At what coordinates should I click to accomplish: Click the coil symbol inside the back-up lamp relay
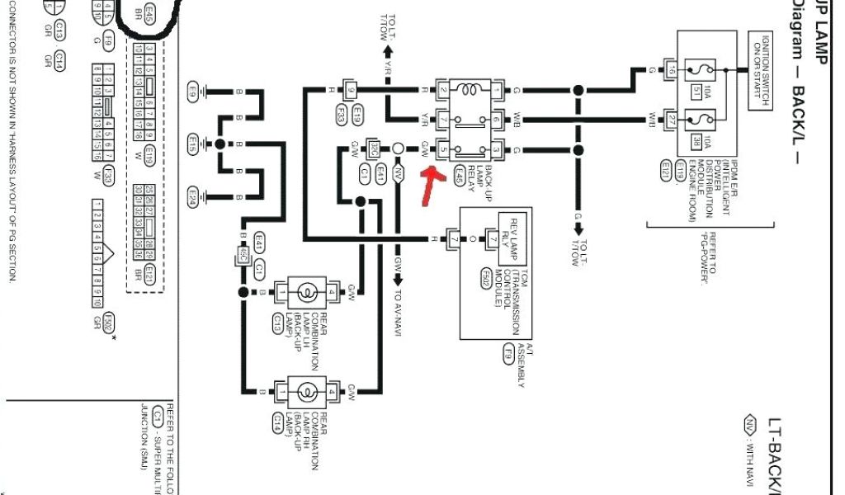[x=470, y=89]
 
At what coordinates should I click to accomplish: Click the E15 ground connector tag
[x=192, y=144]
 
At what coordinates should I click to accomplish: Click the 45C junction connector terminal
[x=243, y=256]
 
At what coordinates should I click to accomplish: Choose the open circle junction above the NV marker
[x=398, y=148]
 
